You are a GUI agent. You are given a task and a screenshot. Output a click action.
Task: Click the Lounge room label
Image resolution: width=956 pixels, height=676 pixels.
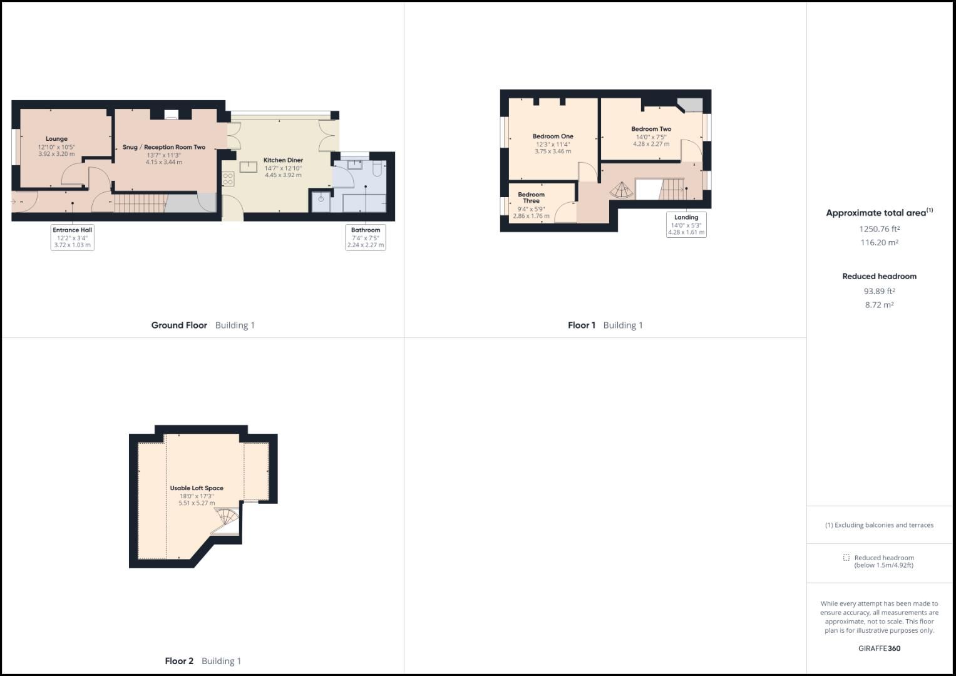(56, 139)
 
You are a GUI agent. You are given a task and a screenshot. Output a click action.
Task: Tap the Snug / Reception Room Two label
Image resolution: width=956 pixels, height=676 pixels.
(164, 147)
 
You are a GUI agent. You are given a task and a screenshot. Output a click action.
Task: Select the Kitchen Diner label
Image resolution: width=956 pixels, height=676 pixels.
(283, 160)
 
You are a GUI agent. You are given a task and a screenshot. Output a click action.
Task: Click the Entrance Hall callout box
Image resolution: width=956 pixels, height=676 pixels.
(73, 237)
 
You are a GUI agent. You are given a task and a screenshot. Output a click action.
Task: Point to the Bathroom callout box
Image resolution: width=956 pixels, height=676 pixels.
(366, 237)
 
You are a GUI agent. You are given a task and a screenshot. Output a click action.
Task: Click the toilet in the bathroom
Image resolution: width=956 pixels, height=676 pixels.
(377, 169)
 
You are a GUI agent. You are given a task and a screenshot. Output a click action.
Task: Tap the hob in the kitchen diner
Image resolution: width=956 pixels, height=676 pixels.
(228, 179)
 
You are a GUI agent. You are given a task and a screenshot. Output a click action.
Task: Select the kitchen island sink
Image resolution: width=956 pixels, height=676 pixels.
(249, 166)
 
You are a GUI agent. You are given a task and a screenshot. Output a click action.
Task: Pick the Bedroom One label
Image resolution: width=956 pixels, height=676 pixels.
(553, 136)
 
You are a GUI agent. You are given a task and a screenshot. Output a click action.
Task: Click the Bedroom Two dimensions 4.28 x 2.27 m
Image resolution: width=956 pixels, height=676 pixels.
(651, 144)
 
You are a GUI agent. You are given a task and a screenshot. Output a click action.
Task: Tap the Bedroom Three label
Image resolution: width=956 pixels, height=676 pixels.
(531, 197)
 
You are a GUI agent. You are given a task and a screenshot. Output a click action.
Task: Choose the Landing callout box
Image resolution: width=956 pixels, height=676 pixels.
(686, 225)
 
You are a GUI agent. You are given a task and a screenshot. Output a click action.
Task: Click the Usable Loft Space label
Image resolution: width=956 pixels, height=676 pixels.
(197, 488)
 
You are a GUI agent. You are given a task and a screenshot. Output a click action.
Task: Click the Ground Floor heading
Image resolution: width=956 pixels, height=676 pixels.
(179, 325)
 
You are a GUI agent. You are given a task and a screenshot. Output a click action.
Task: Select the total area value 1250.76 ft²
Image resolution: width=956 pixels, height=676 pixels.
(879, 229)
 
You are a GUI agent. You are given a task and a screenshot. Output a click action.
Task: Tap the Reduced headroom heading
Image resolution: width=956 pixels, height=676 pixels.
(879, 276)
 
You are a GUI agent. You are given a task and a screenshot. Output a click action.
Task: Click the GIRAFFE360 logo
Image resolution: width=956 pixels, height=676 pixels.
(879, 648)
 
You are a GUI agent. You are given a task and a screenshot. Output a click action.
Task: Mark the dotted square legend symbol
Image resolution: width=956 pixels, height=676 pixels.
(846, 558)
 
